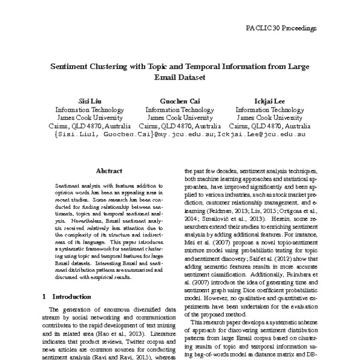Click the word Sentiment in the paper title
70,67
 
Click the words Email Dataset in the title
179,77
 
